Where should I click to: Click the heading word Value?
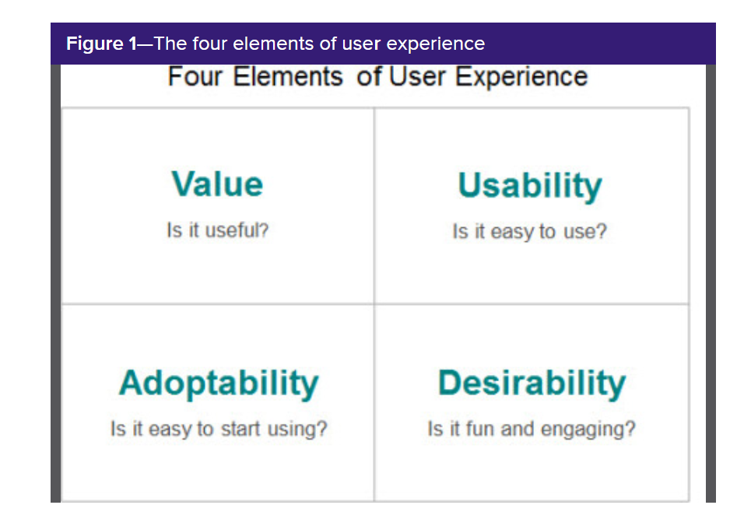[217, 184]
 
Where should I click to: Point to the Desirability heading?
[532, 384]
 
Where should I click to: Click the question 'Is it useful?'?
[217, 230]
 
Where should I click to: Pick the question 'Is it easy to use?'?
[530, 232]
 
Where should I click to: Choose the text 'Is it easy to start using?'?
[219, 429]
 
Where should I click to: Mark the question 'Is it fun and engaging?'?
[532, 429]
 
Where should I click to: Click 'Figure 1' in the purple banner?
[101, 44]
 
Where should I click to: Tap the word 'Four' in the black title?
[195, 76]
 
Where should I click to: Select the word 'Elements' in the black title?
[288, 76]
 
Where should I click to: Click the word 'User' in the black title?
[417, 76]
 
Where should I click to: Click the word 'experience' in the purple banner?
[435, 44]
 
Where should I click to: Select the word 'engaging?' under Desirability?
[588, 430]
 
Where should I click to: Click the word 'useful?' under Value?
[237, 230]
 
